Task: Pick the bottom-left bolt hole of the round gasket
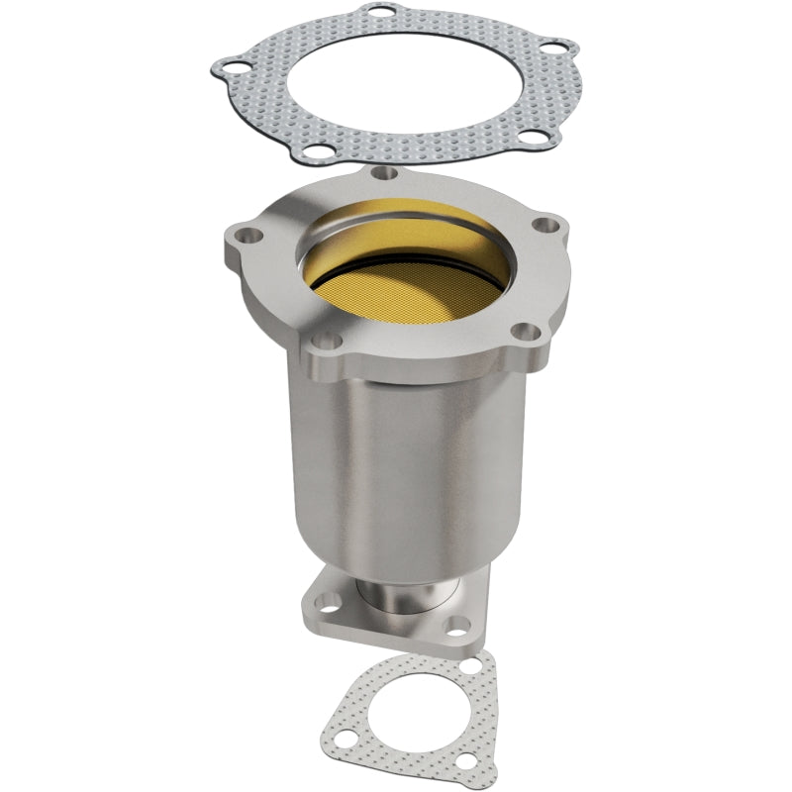click(x=314, y=152)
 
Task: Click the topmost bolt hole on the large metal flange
click(x=388, y=174)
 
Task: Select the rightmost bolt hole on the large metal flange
click(x=541, y=227)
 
